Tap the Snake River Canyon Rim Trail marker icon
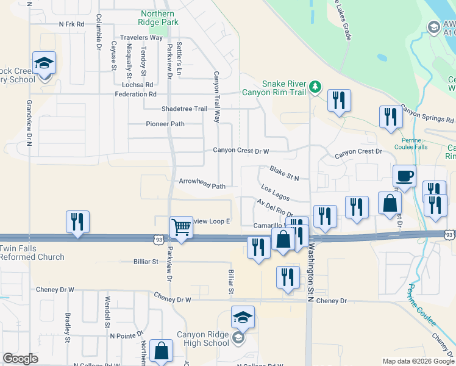315,86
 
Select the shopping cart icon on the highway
182,227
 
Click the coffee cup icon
404,176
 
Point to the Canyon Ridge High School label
203,339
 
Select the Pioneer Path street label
165,124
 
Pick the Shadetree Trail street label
184,109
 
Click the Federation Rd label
135,95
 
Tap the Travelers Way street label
141,37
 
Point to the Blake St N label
284,174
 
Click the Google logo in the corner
20,358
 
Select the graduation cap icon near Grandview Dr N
44,63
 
